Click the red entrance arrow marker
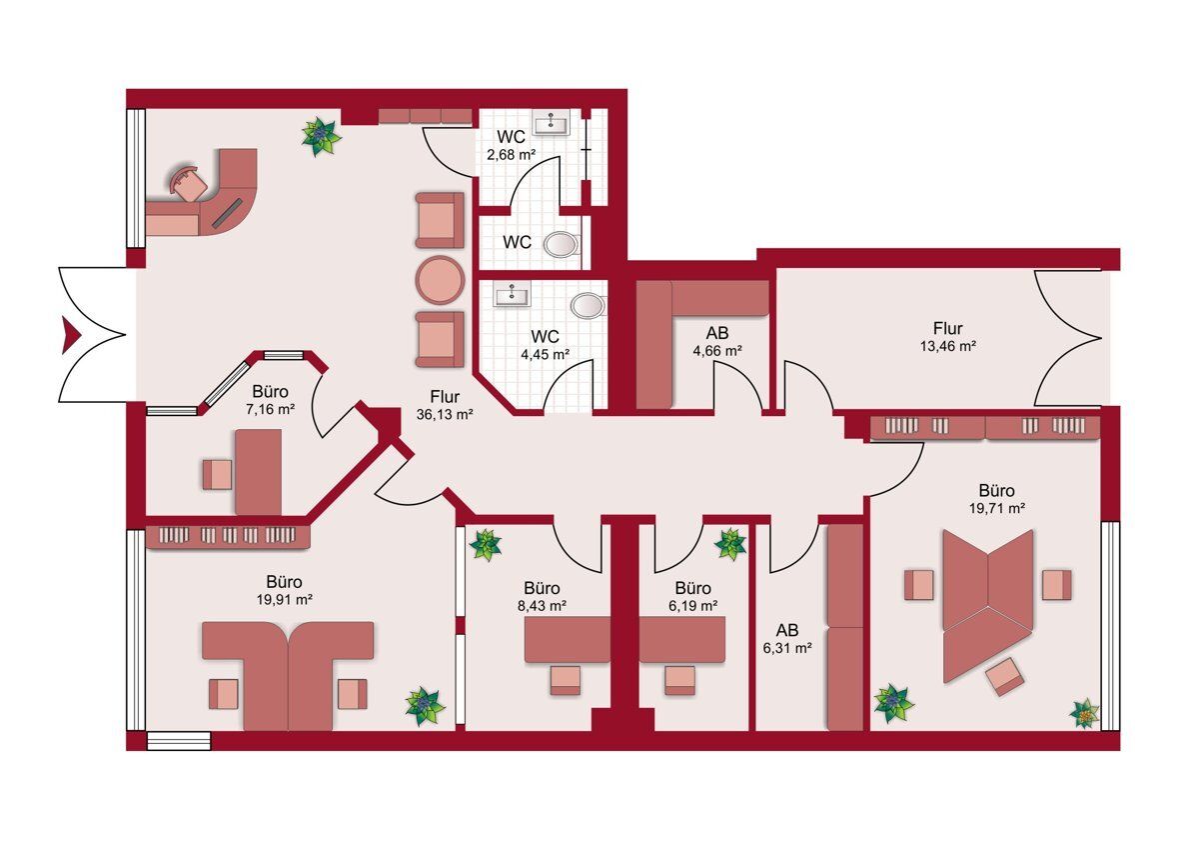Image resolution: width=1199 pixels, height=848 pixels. [69, 335]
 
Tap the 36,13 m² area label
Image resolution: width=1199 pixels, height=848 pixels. [445, 414]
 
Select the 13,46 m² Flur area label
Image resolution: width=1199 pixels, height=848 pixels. [948, 346]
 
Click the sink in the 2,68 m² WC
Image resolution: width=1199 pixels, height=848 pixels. [552, 124]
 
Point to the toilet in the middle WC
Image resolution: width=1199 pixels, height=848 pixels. [561, 245]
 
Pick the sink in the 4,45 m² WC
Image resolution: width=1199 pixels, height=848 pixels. [513, 294]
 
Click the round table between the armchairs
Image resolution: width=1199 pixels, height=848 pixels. [440, 280]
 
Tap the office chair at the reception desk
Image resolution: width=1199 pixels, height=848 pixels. [189, 183]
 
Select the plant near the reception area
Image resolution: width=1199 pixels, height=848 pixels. [321, 137]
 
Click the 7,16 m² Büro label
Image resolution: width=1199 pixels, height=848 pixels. [271, 400]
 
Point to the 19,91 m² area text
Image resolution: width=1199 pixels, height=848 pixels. [285, 598]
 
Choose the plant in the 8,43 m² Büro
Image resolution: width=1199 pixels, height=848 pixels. [486, 545]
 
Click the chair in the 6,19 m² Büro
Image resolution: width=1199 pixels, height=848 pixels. [679, 680]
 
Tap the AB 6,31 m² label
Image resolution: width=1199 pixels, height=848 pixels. [787, 638]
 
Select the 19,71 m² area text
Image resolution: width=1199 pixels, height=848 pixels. [997, 507]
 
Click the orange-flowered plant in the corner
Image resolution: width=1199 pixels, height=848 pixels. [1084, 713]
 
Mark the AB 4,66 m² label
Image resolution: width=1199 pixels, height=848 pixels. [717, 342]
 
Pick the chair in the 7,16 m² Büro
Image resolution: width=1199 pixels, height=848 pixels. [218, 474]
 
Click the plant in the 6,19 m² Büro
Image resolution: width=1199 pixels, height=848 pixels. [730, 544]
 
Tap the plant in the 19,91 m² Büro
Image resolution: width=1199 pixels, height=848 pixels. [426, 707]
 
